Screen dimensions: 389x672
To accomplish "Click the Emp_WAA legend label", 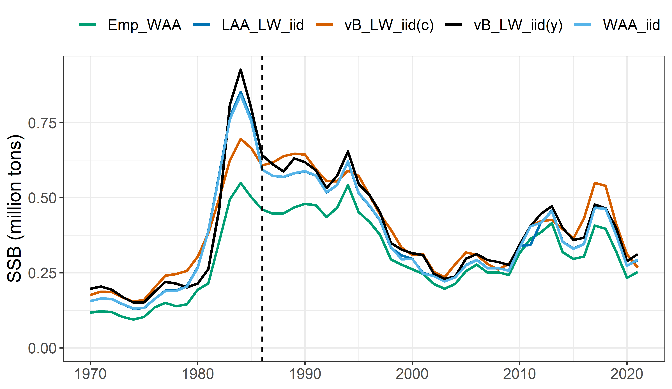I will (x=144, y=25).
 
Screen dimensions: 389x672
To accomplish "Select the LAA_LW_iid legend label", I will (x=263, y=25).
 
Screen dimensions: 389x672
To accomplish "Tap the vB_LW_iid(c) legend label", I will (x=389, y=25).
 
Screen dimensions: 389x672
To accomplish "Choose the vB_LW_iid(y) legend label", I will (x=518, y=25).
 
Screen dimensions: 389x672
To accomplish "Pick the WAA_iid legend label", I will (x=631, y=25).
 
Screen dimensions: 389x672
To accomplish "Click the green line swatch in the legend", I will (x=88, y=25).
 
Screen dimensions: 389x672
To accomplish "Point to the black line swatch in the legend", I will (x=454, y=25).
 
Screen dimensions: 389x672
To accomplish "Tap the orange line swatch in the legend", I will (x=324, y=25).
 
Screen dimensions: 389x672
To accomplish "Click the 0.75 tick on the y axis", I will (x=42, y=123).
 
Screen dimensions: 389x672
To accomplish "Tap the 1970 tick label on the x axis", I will (x=90, y=374).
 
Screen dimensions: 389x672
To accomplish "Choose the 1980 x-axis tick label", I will (x=198, y=374).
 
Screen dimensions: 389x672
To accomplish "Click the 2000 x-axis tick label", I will (x=412, y=374).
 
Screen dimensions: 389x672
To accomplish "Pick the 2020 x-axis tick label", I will (x=627, y=374).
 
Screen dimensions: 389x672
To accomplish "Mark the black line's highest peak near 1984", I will (x=241, y=70).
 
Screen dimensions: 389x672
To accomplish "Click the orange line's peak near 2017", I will (x=595, y=183).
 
